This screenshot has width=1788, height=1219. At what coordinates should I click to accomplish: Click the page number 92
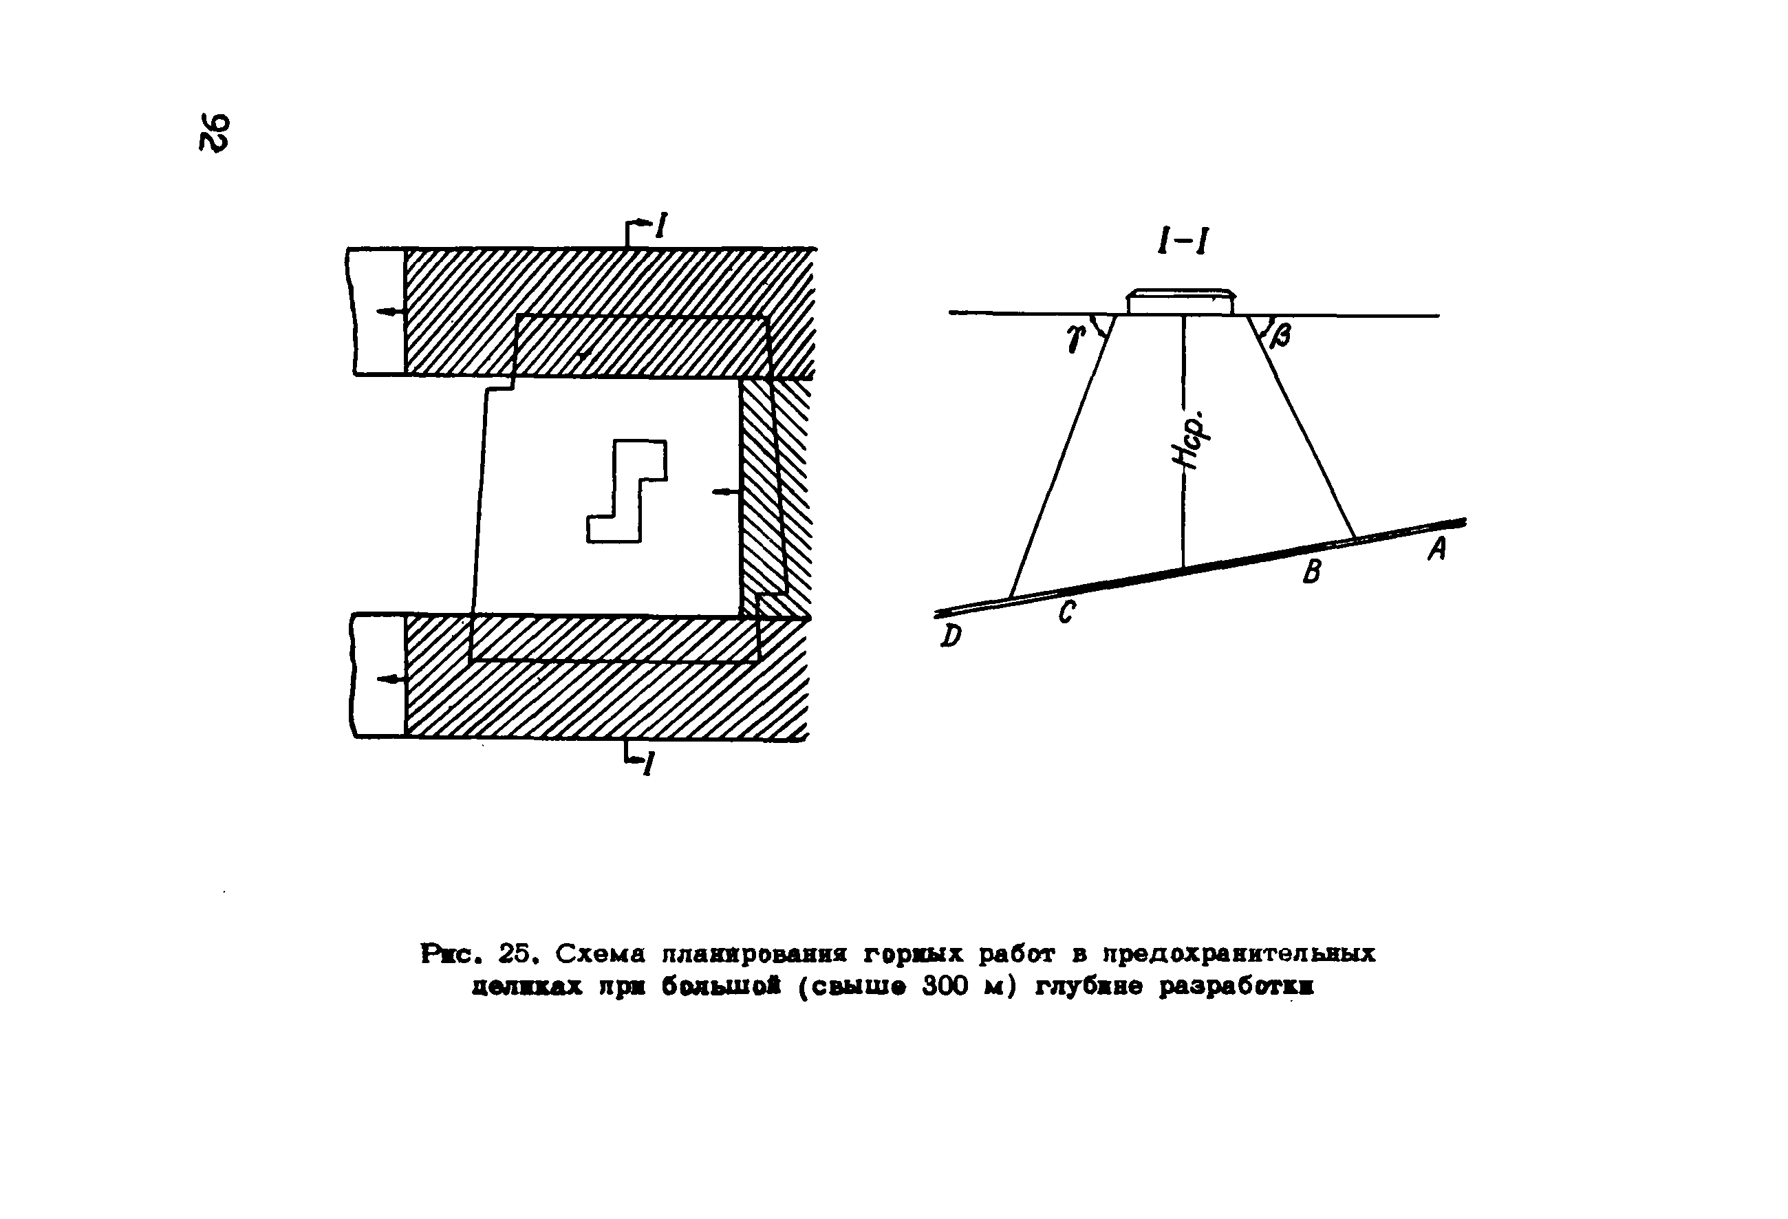(214, 133)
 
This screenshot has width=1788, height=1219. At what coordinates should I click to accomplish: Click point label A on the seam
(1437, 548)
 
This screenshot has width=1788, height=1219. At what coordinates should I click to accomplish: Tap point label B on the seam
(1312, 571)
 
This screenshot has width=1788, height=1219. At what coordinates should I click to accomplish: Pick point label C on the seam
(1066, 612)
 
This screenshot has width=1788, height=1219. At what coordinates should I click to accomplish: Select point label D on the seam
(951, 635)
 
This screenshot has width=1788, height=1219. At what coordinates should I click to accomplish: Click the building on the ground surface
(1181, 301)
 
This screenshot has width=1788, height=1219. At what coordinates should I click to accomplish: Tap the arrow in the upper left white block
(390, 312)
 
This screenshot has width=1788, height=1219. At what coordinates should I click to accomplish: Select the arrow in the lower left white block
(390, 678)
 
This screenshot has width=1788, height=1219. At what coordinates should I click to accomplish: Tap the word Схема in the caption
(601, 953)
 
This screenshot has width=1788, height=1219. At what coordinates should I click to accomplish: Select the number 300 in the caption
(945, 986)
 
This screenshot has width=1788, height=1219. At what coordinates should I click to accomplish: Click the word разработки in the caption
(1236, 986)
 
